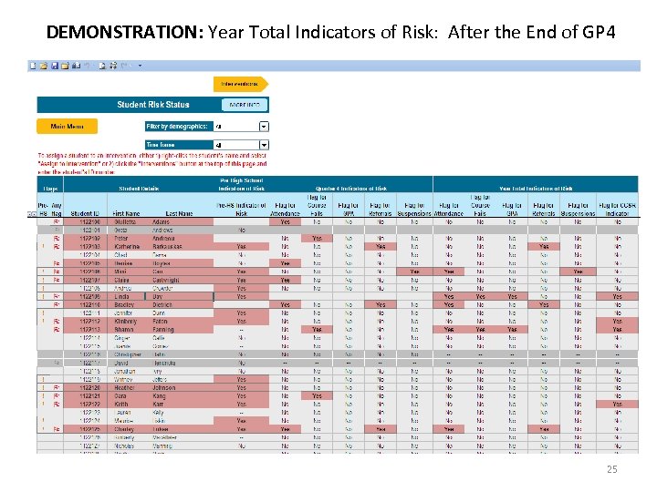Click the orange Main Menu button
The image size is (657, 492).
(x=67, y=127)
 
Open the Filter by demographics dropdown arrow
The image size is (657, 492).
(x=264, y=127)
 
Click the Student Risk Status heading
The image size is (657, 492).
(x=152, y=105)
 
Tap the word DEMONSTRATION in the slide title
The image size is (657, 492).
(x=124, y=33)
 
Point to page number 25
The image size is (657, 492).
(x=612, y=469)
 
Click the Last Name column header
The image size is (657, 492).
(x=179, y=213)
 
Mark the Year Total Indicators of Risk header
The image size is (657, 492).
(x=536, y=188)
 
